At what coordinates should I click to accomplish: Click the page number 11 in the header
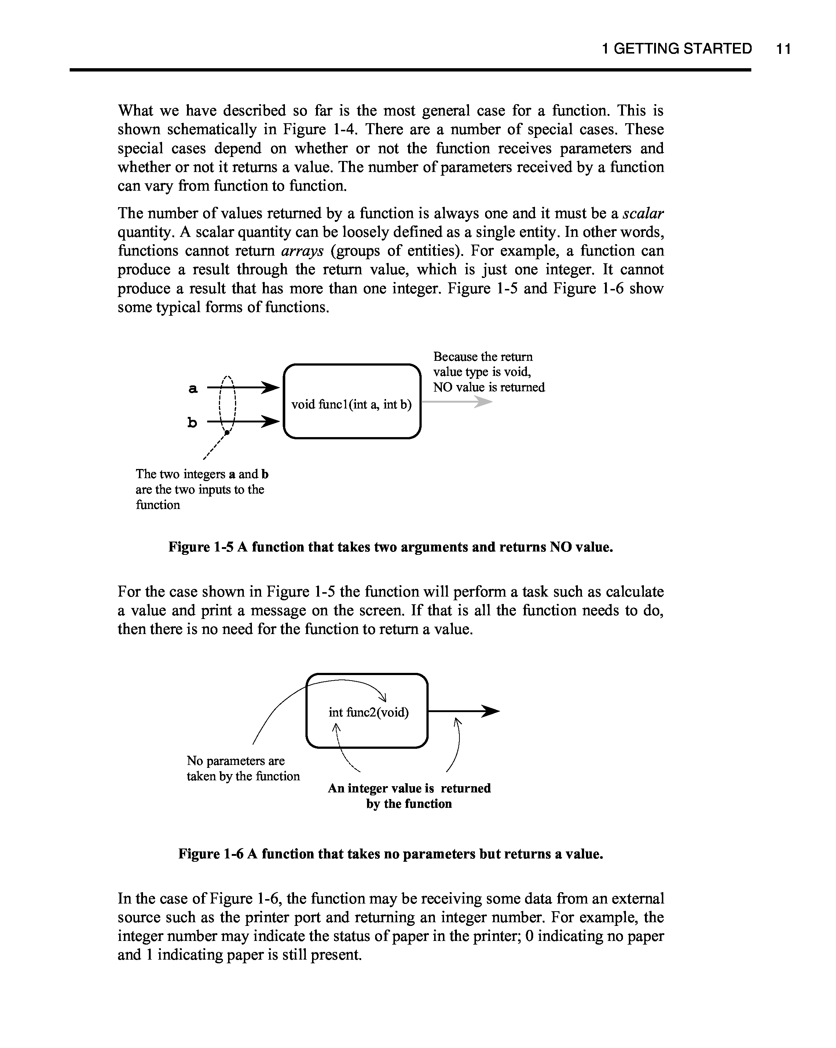[783, 49]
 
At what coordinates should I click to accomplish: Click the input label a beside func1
[193, 388]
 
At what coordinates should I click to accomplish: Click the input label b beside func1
[192, 423]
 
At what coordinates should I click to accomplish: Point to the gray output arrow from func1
[457, 402]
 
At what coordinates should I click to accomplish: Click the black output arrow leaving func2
[464, 712]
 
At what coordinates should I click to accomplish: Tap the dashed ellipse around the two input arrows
[227, 404]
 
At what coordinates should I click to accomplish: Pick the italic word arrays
[302, 251]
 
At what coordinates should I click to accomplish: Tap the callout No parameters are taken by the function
[243, 768]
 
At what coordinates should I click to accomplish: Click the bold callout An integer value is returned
[409, 796]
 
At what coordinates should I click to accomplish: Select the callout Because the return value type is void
[488, 372]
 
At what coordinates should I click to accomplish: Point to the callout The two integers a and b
[202, 489]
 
